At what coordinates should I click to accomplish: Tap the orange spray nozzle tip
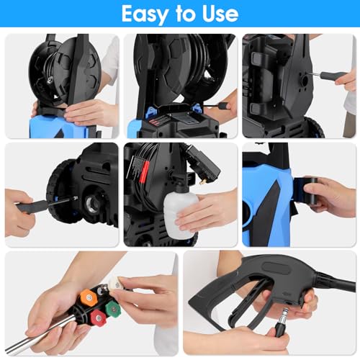pyautogui.click(x=88, y=297)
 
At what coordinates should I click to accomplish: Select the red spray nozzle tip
pyautogui.click(x=98, y=318)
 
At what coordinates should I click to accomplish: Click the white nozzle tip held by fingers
pyautogui.click(x=115, y=284)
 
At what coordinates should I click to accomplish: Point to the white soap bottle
pyautogui.click(x=180, y=214)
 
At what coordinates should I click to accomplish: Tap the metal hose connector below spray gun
pyautogui.click(x=282, y=322)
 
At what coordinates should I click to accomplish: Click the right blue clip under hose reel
pyautogui.click(x=197, y=108)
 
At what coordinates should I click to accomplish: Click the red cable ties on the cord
pyautogui.click(x=144, y=170)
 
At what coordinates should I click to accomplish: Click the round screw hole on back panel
pyautogui.click(x=305, y=81)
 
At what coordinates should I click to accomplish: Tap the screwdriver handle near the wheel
pyautogui.click(x=31, y=206)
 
